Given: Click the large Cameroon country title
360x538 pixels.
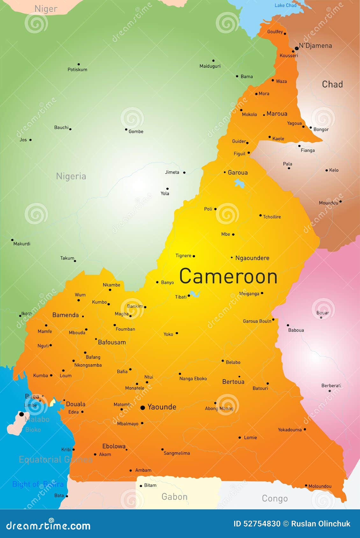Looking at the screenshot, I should pos(228,276).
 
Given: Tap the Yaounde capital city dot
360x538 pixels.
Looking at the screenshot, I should pos(142,407).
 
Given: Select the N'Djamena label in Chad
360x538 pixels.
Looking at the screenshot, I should pos(315,46).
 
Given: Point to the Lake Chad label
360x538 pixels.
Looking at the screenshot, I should pos(285,5).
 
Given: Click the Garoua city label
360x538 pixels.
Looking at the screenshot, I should pos(238,173).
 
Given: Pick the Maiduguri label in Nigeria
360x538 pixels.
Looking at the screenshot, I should pos(210,66).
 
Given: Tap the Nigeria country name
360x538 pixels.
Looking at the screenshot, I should pos(71,176).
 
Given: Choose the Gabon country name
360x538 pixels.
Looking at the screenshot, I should pos(174,497).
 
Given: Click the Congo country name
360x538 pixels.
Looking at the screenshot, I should pos(275,499).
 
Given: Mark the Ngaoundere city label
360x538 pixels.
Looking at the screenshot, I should pos(252,258).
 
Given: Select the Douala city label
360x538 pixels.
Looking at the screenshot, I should pos(76,404).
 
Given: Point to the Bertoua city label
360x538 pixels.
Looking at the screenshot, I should pos(233,382).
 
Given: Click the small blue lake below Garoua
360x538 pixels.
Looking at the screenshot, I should pos(239,183).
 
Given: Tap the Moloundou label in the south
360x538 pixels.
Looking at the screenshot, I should pos(320,486).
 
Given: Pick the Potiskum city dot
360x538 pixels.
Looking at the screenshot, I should pos(79,64).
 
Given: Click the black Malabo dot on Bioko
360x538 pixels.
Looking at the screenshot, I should pos(21,414).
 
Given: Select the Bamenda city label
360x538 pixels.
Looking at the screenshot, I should pos(65,315).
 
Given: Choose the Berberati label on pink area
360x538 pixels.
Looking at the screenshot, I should pos(331,386).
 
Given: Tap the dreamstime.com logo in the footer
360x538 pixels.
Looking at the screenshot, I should pos(48,526).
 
